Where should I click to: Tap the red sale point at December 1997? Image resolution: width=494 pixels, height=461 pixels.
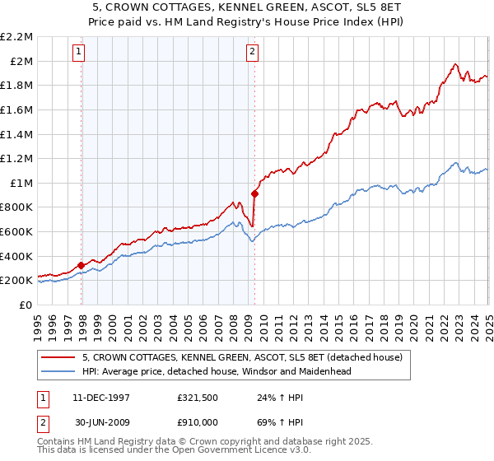[82, 265]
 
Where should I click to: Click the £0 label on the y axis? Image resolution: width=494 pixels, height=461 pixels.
[26, 305]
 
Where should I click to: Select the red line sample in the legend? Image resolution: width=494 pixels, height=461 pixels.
[58, 357]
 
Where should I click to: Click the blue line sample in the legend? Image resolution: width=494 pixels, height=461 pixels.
[58, 371]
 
